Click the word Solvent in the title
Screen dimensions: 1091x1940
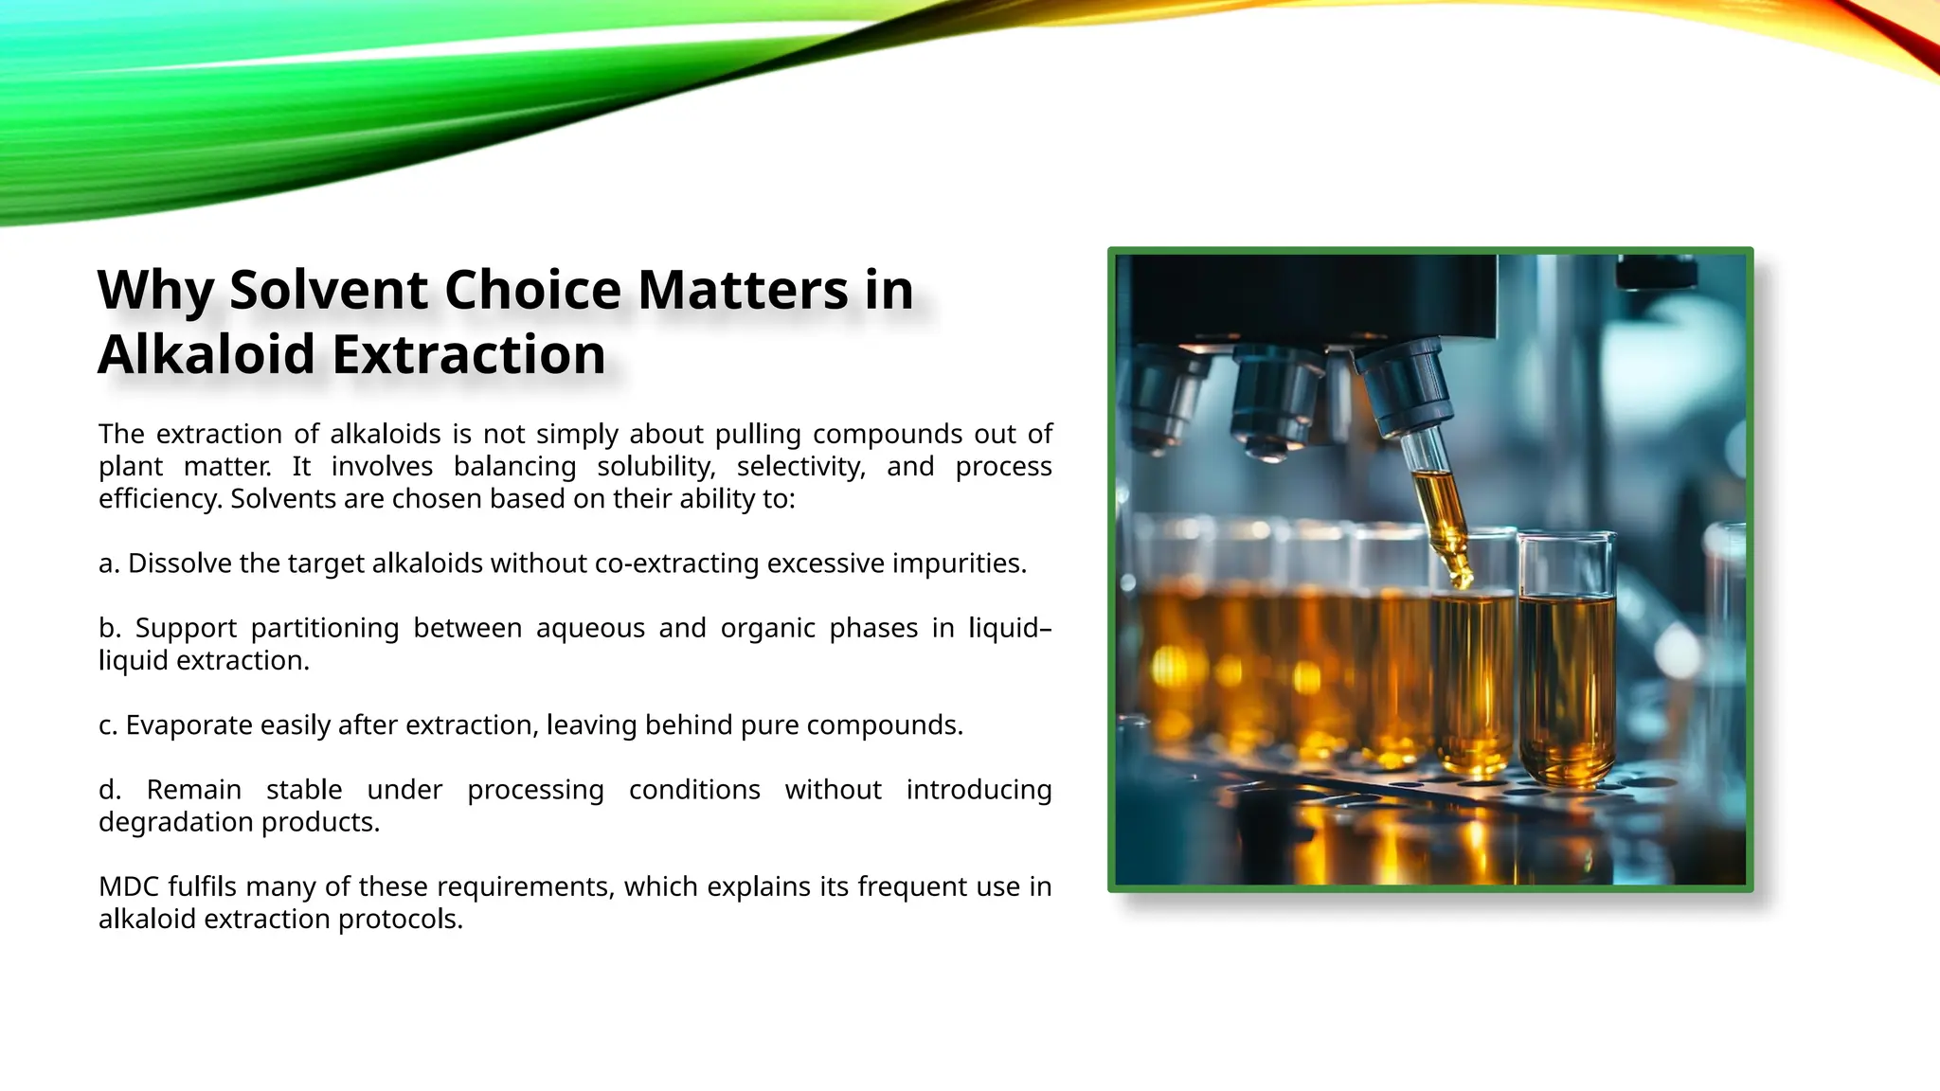[x=329, y=290]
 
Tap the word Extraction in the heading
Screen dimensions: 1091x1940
[x=469, y=355]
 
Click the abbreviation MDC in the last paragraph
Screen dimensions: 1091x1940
[x=129, y=886]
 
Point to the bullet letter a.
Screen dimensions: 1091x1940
[x=108, y=564]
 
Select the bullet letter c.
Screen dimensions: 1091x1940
[x=107, y=725]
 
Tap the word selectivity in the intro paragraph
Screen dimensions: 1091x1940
[x=800, y=467]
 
